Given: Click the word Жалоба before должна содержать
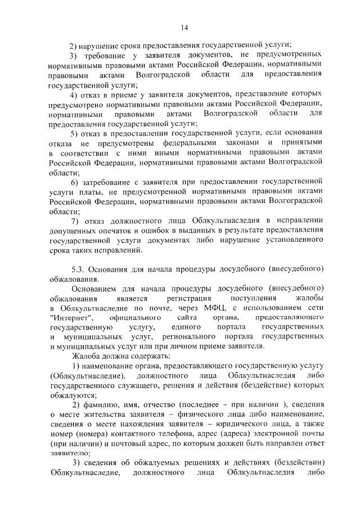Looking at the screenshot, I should [x=84, y=357].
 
